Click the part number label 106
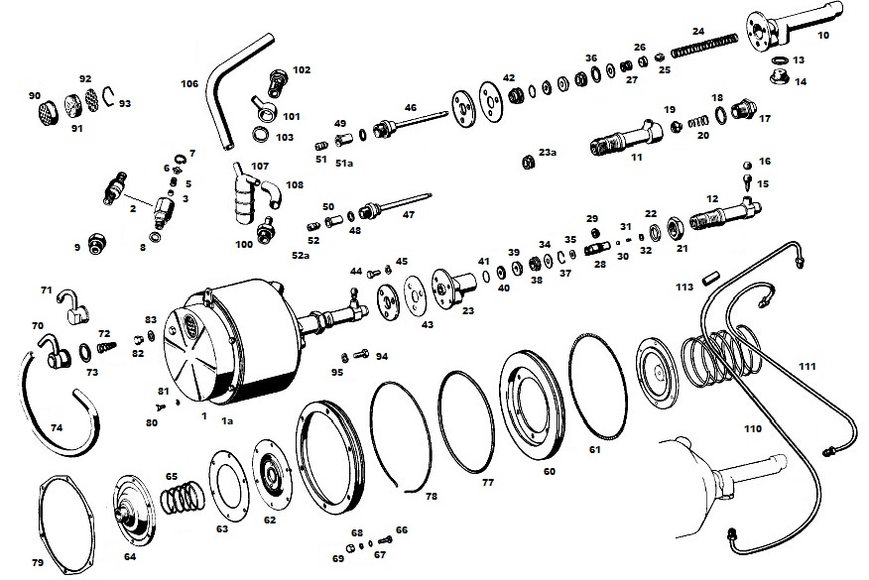click(x=189, y=83)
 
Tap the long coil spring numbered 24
click(x=705, y=45)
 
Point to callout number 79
click(x=38, y=562)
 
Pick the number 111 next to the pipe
click(x=807, y=366)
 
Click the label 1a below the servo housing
click(x=227, y=421)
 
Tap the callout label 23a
click(x=548, y=152)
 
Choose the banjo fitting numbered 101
click(x=261, y=107)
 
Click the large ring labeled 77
click(x=466, y=422)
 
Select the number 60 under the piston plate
click(x=550, y=471)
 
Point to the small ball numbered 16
click(x=748, y=165)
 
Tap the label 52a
click(x=301, y=256)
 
